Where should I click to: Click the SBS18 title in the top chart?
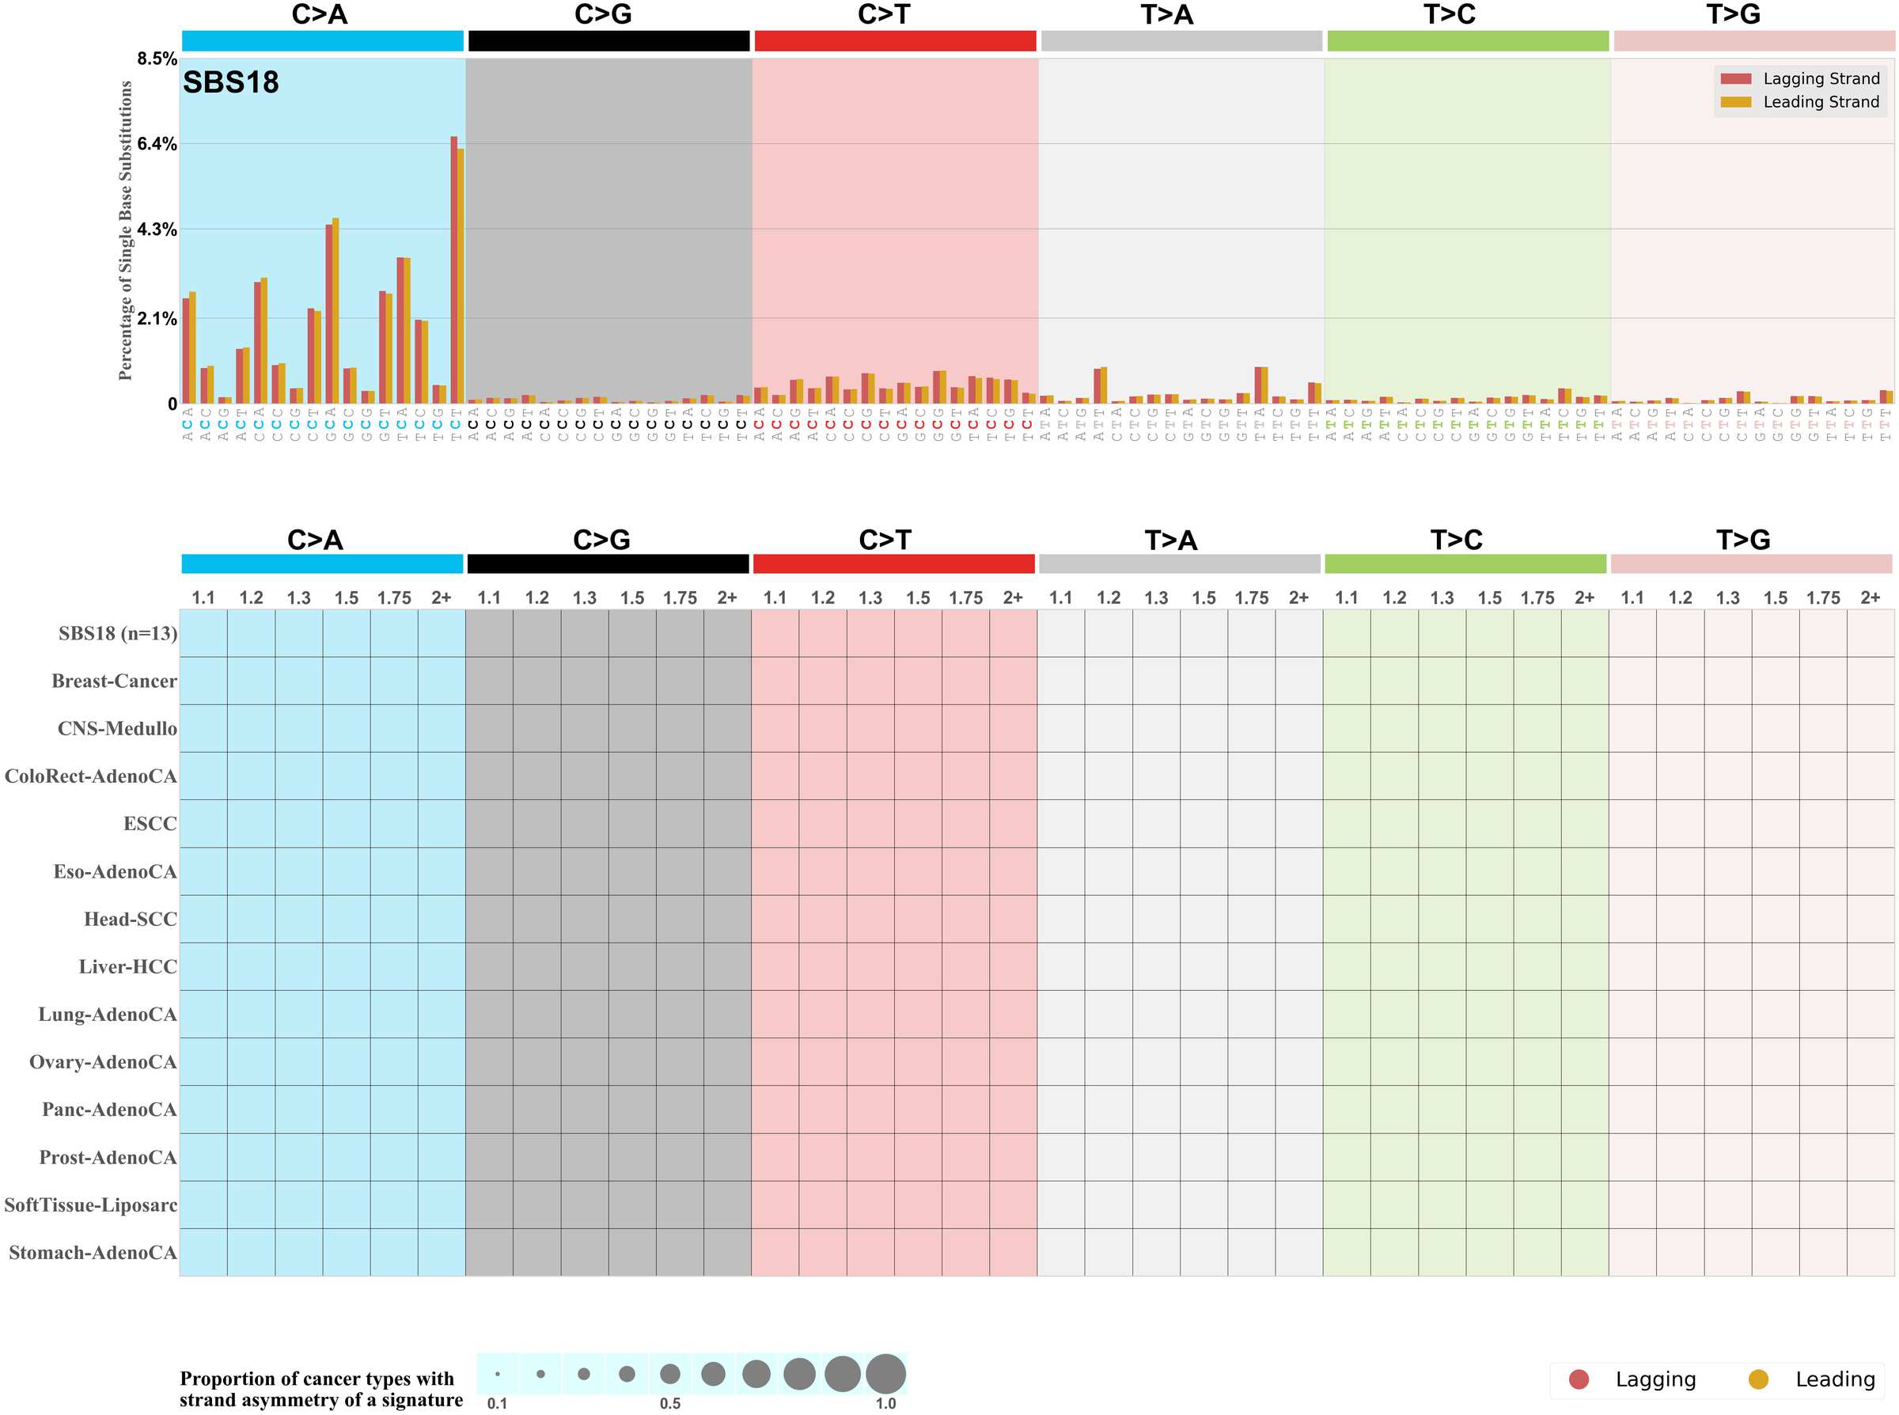(x=230, y=82)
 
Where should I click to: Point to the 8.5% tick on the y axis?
(x=157, y=59)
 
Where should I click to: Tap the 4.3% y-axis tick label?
(x=157, y=230)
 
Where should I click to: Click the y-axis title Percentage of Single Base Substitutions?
(x=126, y=230)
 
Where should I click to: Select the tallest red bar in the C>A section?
(x=453, y=270)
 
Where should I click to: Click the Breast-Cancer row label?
(x=114, y=681)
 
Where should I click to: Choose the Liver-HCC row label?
(x=127, y=967)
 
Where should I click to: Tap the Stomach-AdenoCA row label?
(x=93, y=1253)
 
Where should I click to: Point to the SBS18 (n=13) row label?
(x=117, y=634)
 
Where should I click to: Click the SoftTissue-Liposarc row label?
(x=91, y=1205)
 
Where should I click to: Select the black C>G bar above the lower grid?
(x=608, y=563)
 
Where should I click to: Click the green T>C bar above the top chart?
(x=1468, y=41)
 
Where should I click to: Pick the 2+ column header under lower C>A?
(x=441, y=597)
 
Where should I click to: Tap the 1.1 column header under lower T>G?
(x=1632, y=597)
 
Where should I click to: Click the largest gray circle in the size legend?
(x=885, y=1374)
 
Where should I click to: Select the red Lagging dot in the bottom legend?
(x=1579, y=1379)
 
